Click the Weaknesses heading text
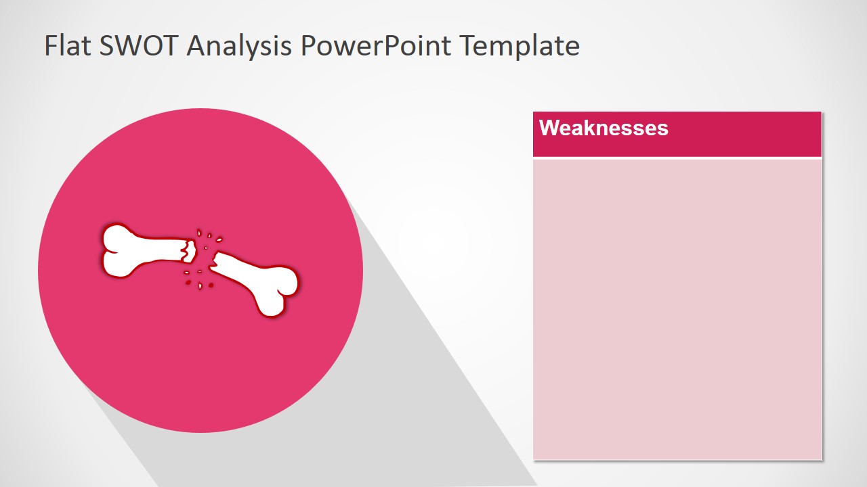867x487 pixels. coord(604,128)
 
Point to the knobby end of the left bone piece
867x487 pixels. coord(117,251)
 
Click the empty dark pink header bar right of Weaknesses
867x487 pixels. coord(745,134)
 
